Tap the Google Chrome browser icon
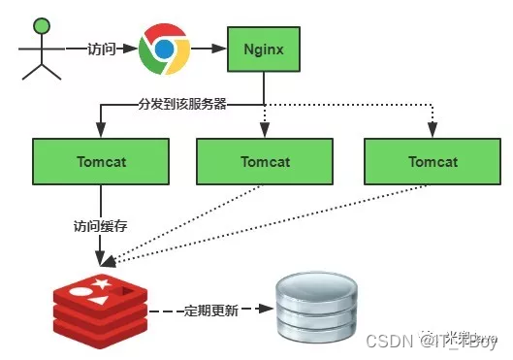coord(163,49)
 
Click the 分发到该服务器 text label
coord(182,102)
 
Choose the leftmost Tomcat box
coord(100,162)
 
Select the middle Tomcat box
coord(265,161)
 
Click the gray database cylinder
coord(309,307)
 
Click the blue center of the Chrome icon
coord(163,49)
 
